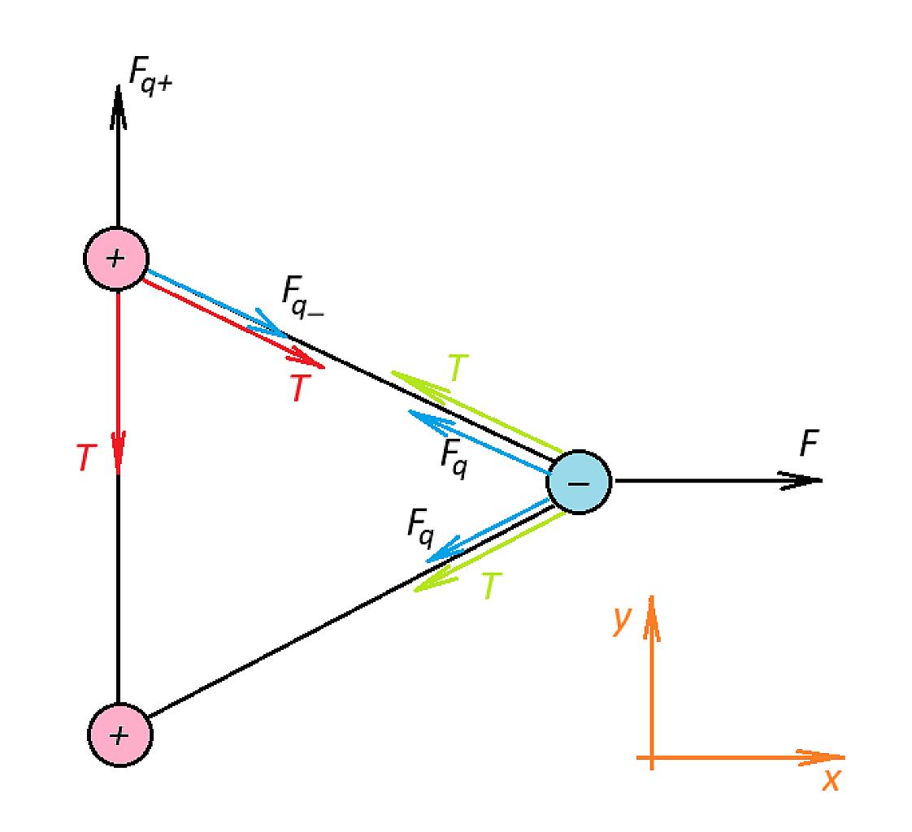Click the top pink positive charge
pos(116,258)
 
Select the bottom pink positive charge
pos(119,734)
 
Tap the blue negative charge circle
pos(579,482)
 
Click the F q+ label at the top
pos(150,76)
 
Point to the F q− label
pos(302,297)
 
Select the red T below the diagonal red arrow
pos(300,388)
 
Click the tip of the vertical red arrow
pos(119,473)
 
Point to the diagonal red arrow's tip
pos(324,367)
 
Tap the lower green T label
pos(491,586)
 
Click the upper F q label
pos(454,459)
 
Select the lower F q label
pos(420,528)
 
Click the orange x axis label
pos(832,780)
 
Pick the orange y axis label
pos(623,620)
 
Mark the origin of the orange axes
pos(652,757)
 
